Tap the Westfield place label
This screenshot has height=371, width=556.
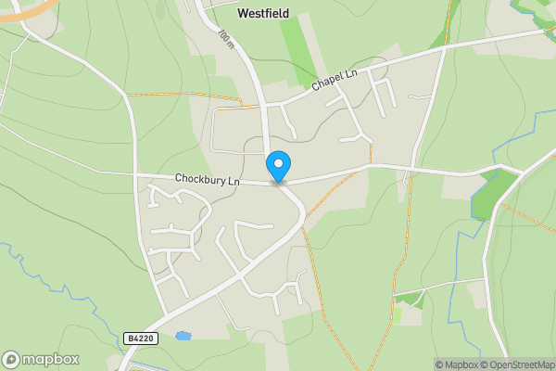pos(263,14)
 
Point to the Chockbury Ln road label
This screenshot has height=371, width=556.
pos(207,179)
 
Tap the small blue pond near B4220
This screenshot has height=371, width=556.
pos(183,335)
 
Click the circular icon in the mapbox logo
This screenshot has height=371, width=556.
pos(11,360)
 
